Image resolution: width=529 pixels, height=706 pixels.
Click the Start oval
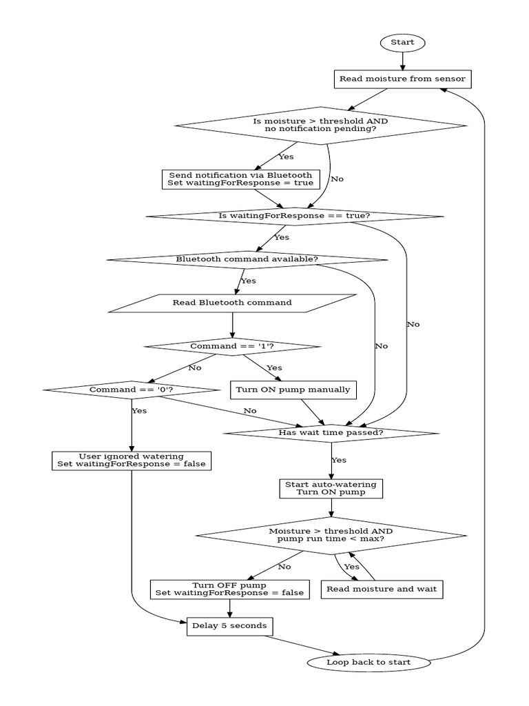pos(402,43)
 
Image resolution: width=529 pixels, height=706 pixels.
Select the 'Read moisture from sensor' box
pos(402,79)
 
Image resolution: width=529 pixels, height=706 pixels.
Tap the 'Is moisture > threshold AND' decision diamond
pos(321,125)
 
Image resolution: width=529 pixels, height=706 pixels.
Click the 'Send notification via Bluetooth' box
pos(240,179)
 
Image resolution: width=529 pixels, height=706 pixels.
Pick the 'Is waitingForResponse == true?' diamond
pos(295,216)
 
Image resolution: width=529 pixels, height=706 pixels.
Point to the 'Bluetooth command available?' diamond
pos(247,260)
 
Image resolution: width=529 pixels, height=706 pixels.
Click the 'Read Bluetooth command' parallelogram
pos(232,303)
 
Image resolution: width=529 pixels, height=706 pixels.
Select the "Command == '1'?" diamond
pos(232,346)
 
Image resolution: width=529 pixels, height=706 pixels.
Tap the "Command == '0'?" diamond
pos(131,390)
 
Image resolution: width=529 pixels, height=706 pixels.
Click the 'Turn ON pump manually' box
pos(293,390)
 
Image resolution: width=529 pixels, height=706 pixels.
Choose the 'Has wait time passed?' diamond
pos(331,433)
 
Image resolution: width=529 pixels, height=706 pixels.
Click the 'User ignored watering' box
pos(131,461)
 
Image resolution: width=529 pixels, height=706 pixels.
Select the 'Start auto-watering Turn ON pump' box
pos(331,488)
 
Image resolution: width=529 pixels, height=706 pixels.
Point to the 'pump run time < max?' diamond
pos(331,536)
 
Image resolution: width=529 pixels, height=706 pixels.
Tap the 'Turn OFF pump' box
pos(229,589)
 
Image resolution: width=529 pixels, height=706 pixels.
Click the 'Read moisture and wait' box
pos(381,589)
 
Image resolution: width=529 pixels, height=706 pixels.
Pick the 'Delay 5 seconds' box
pos(229,627)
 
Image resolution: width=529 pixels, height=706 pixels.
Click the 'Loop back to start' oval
pos(369,663)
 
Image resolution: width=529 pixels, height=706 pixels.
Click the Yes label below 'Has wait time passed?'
pos(339,460)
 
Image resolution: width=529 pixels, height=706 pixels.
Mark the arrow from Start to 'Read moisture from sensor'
pos(402,61)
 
